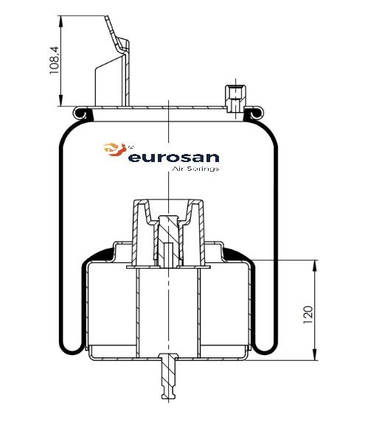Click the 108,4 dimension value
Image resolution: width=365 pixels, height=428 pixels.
pos(54,60)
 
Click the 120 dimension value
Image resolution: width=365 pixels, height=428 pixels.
pos(308,315)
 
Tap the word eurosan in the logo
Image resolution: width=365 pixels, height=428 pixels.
pos(174,158)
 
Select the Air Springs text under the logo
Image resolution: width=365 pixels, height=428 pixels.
pos(195,169)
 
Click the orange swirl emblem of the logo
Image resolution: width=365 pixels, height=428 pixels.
pos(115,150)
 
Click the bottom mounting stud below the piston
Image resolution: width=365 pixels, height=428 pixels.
pos(169,376)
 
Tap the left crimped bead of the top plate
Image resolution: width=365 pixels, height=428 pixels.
pos(81,113)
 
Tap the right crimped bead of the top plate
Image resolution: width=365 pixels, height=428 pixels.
pos(256,113)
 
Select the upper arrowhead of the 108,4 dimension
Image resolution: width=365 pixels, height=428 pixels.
pos(60,21)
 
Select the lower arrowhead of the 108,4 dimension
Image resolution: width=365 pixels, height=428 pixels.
pos(60,100)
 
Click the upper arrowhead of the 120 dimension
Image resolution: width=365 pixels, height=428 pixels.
pos(316,266)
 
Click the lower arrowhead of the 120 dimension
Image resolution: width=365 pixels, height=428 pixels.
pos(316,354)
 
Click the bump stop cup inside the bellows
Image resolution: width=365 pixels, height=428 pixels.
pos(168,234)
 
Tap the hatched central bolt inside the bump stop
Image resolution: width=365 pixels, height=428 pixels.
pos(168,240)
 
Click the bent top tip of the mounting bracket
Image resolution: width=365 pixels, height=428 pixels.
pos(106,18)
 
